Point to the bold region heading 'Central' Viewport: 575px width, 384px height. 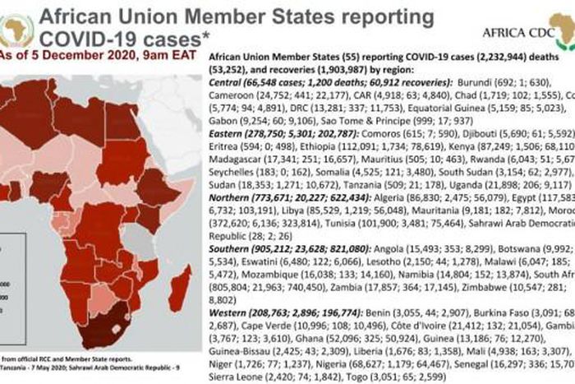[226, 83]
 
